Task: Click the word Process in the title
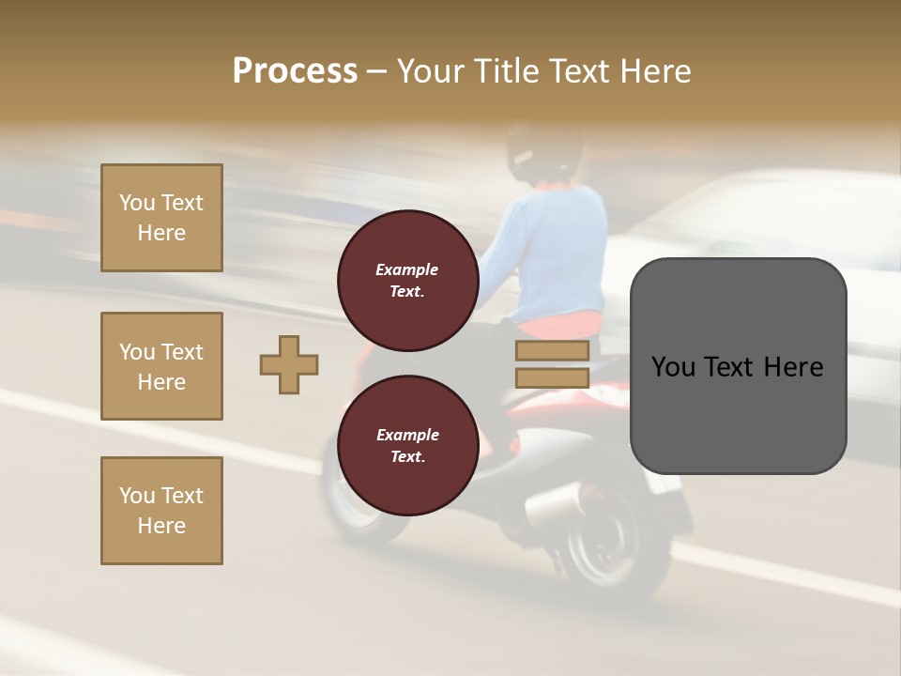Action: (295, 71)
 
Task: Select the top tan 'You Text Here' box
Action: (161, 218)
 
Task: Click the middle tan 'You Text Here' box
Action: (161, 366)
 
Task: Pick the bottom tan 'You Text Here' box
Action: (161, 511)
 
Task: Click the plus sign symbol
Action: (289, 364)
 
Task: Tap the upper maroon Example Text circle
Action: (407, 281)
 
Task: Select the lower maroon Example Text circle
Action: (407, 446)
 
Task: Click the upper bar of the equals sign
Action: (552, 351)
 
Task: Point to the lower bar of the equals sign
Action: (552, 378)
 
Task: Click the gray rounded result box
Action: (738, 366)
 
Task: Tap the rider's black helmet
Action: (544, 150)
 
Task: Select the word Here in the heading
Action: (654, 71)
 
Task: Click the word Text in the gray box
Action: (738, 366)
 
